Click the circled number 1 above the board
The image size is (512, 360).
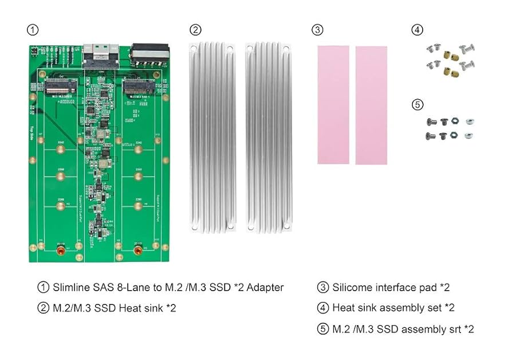click(34, 30)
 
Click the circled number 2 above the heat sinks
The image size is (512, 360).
click(195, 30)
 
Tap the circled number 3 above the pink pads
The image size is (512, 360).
click(318, 30)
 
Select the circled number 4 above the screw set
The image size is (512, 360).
click(418, 30)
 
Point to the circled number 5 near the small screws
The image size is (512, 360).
click(418, 104)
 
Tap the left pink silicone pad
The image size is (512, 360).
click(333, 104)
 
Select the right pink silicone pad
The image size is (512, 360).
click(371, 105)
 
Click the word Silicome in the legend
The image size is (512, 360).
click(352, 287)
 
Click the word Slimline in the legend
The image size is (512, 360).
click(72, 287)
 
